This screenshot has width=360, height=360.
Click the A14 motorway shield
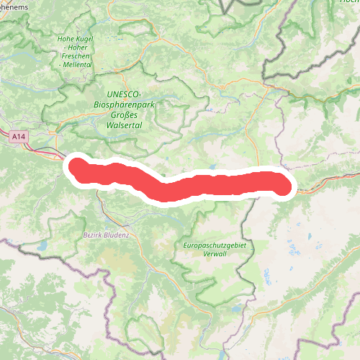click(19, 134)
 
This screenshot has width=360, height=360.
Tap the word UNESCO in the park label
click(122, 94)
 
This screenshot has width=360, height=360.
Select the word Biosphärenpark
click(123, 104)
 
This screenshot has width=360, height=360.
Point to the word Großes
click(124, 114)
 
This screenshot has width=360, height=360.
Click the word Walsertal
click(123, 125)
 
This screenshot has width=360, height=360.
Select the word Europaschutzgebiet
click(215, 246)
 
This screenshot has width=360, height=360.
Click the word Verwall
click(215, 255)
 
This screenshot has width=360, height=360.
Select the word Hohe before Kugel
click(66, 38)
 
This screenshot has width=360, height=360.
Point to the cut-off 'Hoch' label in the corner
click(348, 3)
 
